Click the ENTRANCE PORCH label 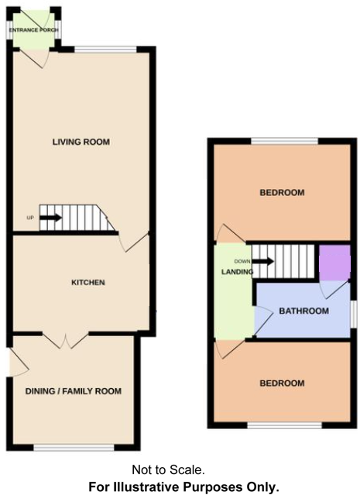35,30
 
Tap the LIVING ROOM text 81,142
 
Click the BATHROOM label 303,311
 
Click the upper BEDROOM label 282,192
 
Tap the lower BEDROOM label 282,383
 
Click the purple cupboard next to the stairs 334,263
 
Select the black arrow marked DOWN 264,261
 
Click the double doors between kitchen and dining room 66,339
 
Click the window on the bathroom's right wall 353,313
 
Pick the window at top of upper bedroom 283,141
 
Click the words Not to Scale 168,469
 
